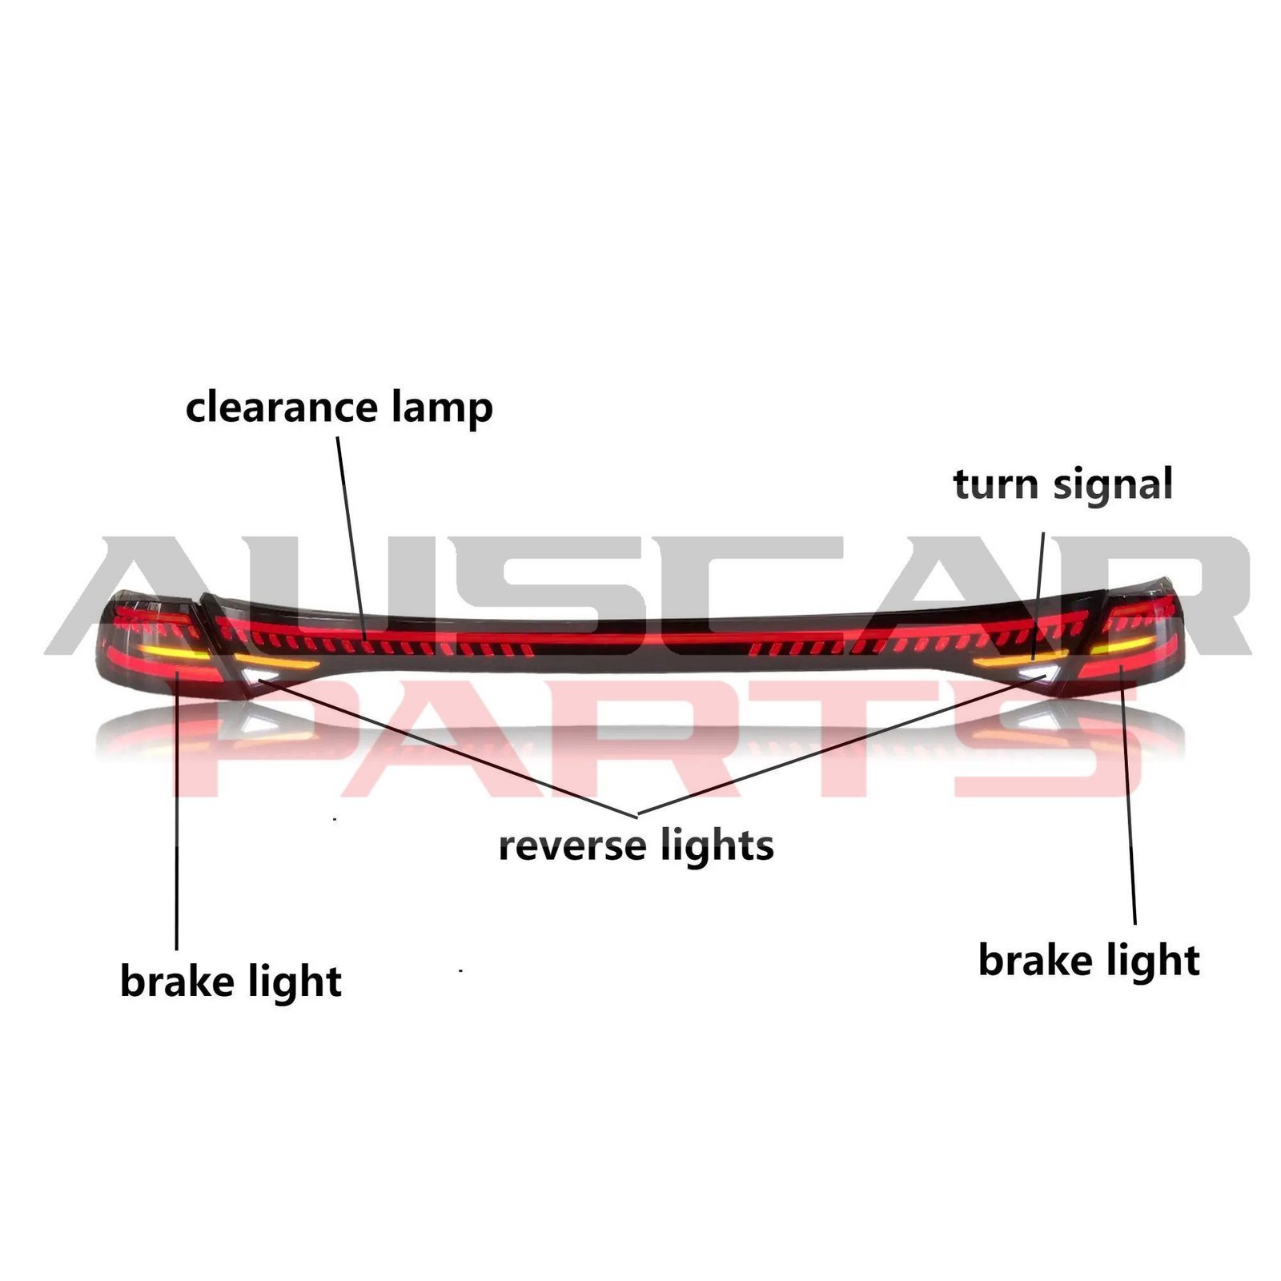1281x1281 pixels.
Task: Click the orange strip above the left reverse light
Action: pyautogui.click(x=277, y=662)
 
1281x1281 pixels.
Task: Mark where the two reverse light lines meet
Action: pyautogui.click(x=637, y=815)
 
